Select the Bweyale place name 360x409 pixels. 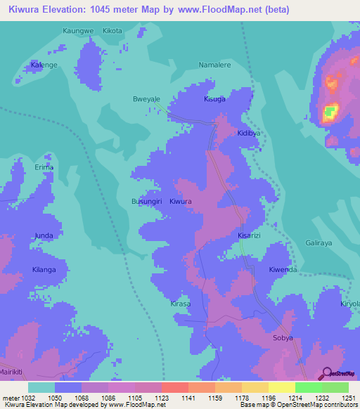(x=147, y=100)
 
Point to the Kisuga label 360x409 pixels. (x=214, y=100)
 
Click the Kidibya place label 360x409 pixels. (x=249, y=133)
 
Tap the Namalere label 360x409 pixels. (x=214, y=64)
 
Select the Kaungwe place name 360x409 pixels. (x=77, y=31)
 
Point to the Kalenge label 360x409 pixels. (x=44, y=65)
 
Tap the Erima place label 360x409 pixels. (x=44, y=167)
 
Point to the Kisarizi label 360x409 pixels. (x=249, y=235)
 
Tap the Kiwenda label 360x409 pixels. (x=283, y=269)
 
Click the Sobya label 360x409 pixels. (x=283, y=337)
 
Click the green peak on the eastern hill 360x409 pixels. (x=330, y=112)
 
